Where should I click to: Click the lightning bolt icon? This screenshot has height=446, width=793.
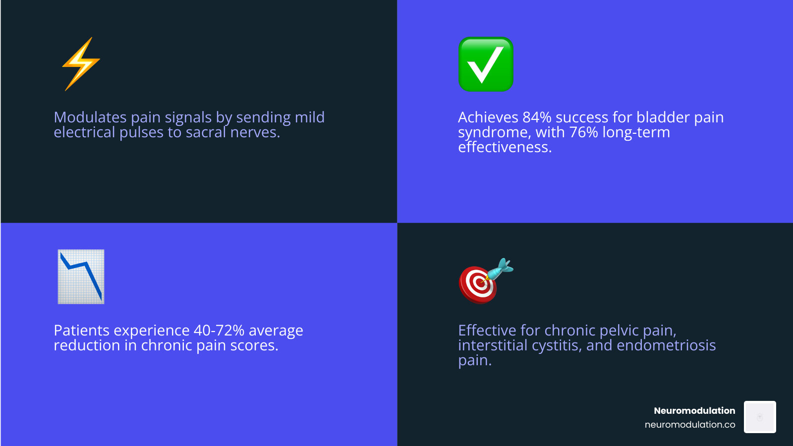pyautogui.click(x=81, y=64)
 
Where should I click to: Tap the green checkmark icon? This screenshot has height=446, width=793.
pyautogui.click(x=486, y=64)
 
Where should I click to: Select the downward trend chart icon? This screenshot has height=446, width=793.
pyautogui.click(x=81, y=277)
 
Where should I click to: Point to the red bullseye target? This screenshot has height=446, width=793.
pyautogui.click(x=478, y=284)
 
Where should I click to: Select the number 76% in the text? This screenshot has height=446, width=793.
pyautogui.click(x=584, y=132)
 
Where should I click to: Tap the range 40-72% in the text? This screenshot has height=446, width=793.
pyautogui.click(x=219, y=330)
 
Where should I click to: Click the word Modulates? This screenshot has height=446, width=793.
pyautogui.click(x=90, y=117)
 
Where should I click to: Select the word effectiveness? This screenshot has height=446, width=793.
pyautogui.click(x=505, y=147)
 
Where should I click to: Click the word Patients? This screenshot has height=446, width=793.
pyautogui.click(x=81, y=330)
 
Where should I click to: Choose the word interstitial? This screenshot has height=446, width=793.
pyautogui.click(x=493, y=345)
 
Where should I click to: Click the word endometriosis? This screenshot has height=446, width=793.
pyautogui.click(x=666, y=345)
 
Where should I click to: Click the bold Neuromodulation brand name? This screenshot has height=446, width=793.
pyautogui.click(x=694, y=411)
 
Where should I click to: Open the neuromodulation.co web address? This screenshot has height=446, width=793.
pyautogui.click(x=689, y=424)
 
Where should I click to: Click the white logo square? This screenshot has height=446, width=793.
pyautogui.click(x=760, y=417)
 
